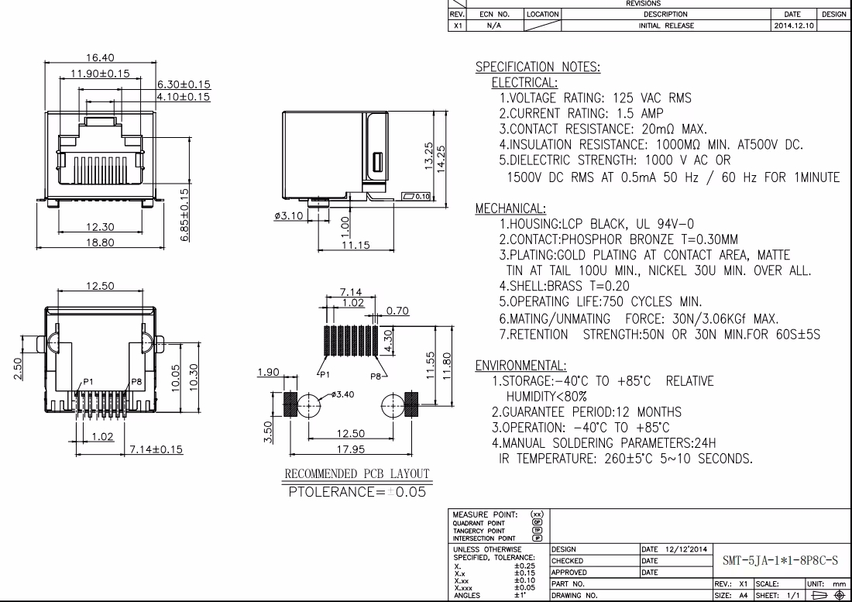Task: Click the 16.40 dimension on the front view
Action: (x=100, y=57)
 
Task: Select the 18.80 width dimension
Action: (x=100, y=243)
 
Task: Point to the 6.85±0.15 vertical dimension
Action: (x=185, y=215)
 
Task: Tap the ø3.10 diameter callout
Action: (x=289, y=215)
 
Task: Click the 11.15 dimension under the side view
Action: (x=356, y=245)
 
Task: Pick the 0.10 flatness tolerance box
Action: (x=416, y=196)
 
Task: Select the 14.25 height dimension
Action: (x=441, y=158)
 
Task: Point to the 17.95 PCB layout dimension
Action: (x=350, y=449)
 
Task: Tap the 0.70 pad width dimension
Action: (x=398, y=311)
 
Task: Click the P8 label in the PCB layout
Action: (x=376, y=376)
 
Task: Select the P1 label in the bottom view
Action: (x=88, y=381)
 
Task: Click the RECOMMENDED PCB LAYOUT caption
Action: (x=357, y=474)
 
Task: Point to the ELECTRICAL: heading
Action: (x=524, y=83)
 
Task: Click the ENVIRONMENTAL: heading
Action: (x=520, y=365)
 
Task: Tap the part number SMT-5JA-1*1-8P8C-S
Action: (x=780, y=560)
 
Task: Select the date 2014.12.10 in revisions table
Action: (x=793, y=26)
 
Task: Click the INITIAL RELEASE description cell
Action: (x=666, y=26)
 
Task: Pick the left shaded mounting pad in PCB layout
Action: (x=290, y=404)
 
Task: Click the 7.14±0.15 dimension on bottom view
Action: (x=156, y=449)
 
